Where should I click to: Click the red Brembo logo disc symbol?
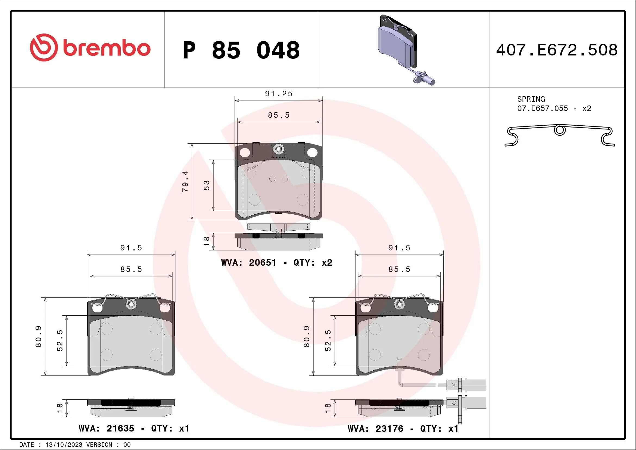coord(44,48)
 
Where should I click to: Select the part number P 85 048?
coord(241,50)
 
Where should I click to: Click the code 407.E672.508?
coord(557,50)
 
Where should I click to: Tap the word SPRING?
coord(531,99)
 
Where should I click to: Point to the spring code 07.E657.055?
coord(543,108)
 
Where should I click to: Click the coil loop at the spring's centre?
coord(560,130)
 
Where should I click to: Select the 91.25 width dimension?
coord(279,94)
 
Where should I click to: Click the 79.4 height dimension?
coord(185,182)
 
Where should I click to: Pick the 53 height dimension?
coord(207,185)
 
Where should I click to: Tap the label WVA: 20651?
coord(248,262)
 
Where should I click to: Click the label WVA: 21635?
coord(106,429)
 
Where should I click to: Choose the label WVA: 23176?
coord(375,429)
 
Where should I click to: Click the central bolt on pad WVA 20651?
coord(278,149)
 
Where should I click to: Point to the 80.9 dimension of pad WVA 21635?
coord(39,336)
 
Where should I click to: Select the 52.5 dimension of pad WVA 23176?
coord(328,340)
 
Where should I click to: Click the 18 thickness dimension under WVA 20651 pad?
coord(207,241)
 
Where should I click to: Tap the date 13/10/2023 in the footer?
coord(64,445)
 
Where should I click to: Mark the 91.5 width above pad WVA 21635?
coord(131,248)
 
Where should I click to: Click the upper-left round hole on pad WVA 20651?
coord(245,152)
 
